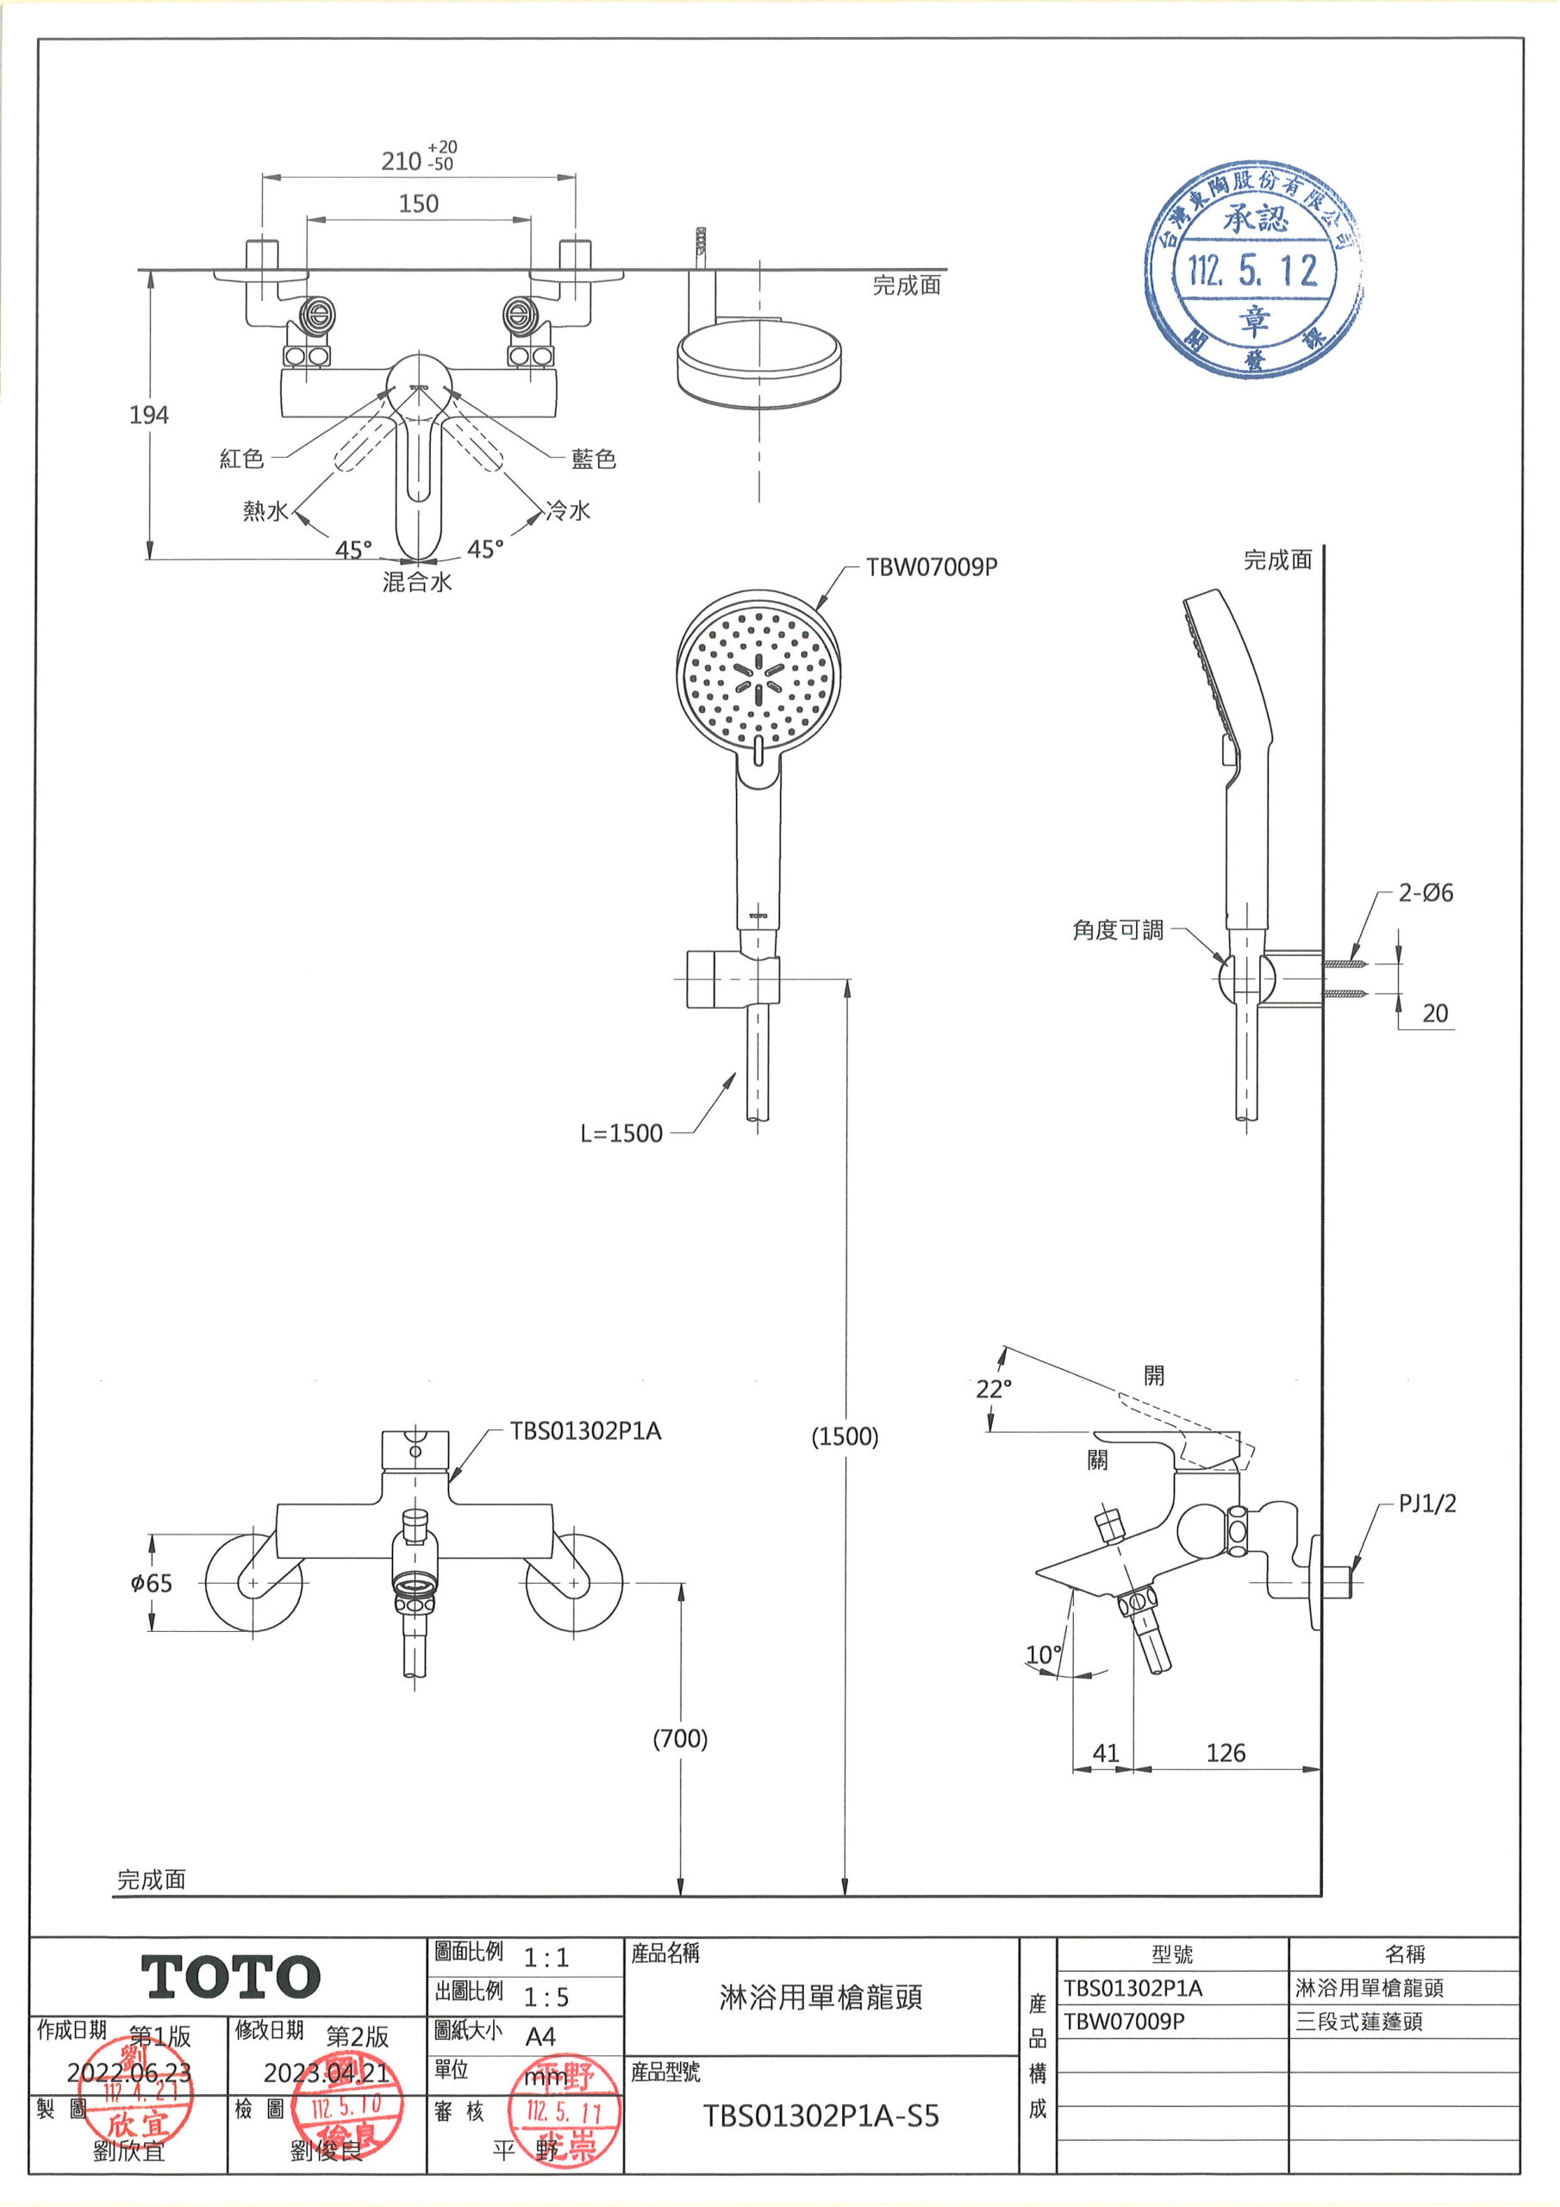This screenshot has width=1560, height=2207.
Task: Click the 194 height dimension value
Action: pos(149,416)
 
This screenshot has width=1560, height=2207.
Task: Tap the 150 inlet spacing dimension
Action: pos(418,203)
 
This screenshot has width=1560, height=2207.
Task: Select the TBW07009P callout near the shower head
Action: pos(931,567)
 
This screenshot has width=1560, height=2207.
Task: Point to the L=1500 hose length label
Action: pos(621,1134)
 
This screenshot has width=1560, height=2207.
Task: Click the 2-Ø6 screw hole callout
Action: pos(1425,893)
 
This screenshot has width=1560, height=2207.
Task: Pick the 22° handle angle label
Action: pos(994,1389)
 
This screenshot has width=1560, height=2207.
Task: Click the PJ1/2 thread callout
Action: pos(1426,1504)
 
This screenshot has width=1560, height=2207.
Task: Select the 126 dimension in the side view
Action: pos(1225,1754)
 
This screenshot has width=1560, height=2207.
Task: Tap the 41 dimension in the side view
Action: pos(1106,1754)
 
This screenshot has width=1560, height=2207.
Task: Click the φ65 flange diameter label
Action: pos(151,1583)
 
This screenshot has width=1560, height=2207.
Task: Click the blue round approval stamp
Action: pos(1254,271)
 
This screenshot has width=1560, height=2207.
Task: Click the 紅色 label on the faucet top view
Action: pos(241,459)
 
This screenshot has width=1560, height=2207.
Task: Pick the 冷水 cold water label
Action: pos(567,510)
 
